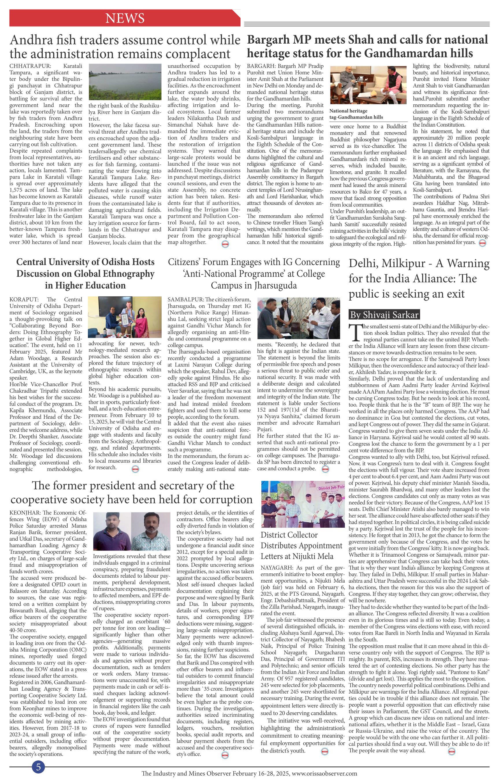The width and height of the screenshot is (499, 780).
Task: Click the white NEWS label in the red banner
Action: [x=125, y=18]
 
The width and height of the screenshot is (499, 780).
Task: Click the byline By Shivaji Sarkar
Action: [x=385, y=314]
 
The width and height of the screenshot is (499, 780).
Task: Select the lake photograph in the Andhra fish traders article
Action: [x=125, y=81]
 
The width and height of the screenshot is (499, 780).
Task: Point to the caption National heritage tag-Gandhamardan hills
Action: [x=356, y=114]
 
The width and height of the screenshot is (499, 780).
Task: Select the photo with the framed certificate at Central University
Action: [x=125, y=317]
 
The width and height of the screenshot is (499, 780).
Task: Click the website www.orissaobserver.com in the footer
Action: [x=324, y=774]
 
